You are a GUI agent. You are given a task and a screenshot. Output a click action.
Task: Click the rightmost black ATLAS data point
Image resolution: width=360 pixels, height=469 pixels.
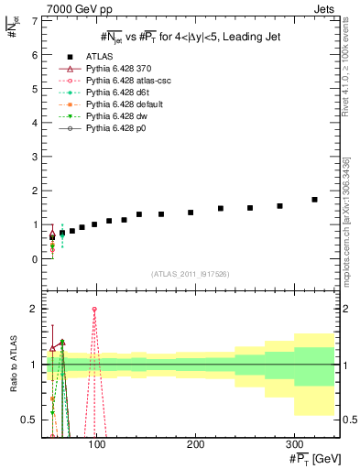pos(314,200)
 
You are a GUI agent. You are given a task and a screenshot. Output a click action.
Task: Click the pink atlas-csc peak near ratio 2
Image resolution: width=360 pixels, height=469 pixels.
pos(94,310)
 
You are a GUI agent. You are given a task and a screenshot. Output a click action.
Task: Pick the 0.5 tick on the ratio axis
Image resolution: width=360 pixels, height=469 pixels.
pos(30,420)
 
